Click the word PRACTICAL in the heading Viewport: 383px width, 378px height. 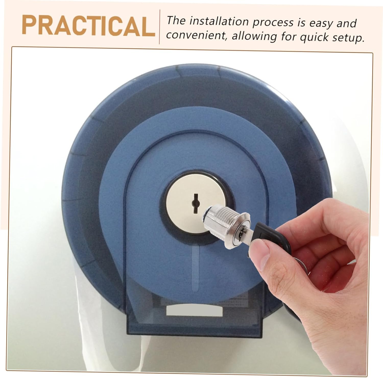tap(88, 26)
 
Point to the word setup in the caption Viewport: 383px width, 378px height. tap(348, 37)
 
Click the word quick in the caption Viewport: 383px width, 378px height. tap(314, 37)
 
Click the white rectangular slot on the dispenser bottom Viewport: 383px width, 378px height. tap(195, 311)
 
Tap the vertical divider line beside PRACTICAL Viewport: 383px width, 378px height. tap(160, 27)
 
